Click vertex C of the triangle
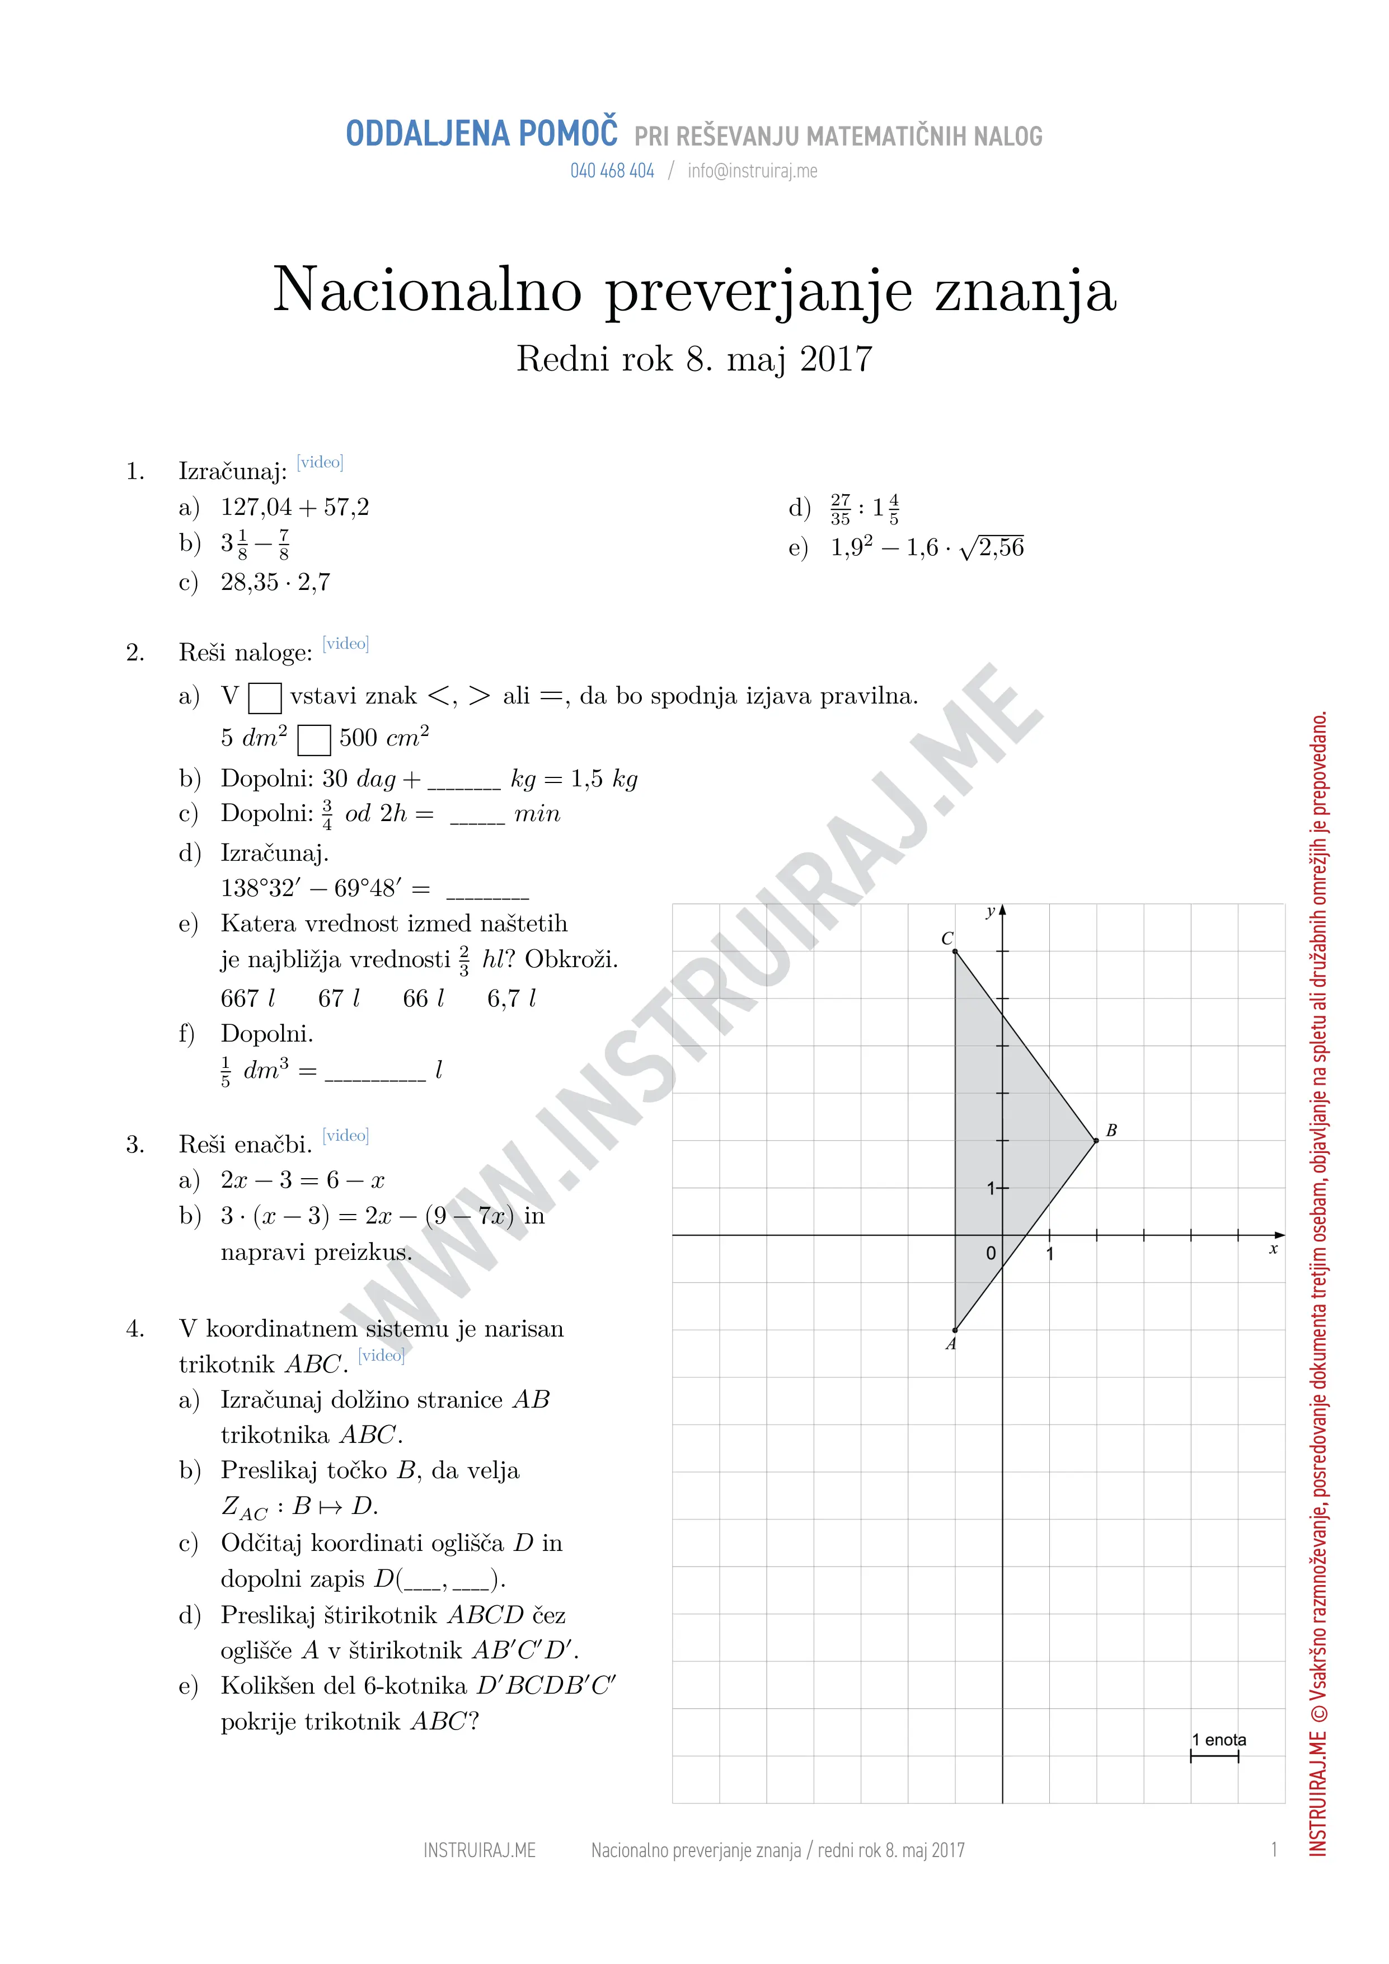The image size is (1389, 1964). point(955,951)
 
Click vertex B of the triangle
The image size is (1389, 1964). point(1096,1140)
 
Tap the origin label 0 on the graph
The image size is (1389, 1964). point(991,1254)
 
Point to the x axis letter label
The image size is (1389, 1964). point(1274,1250)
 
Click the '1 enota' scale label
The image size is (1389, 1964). point(1219,1740)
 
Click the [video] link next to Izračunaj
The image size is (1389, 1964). point(320,463)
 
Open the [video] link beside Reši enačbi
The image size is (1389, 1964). point(345,1136)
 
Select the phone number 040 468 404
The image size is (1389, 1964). point(612,171)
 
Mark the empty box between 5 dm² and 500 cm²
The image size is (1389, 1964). point(314,740)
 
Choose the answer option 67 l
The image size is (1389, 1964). point(339,999)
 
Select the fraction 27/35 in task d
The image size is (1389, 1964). point(841,509)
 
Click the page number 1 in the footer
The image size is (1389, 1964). point(1274,1850)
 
